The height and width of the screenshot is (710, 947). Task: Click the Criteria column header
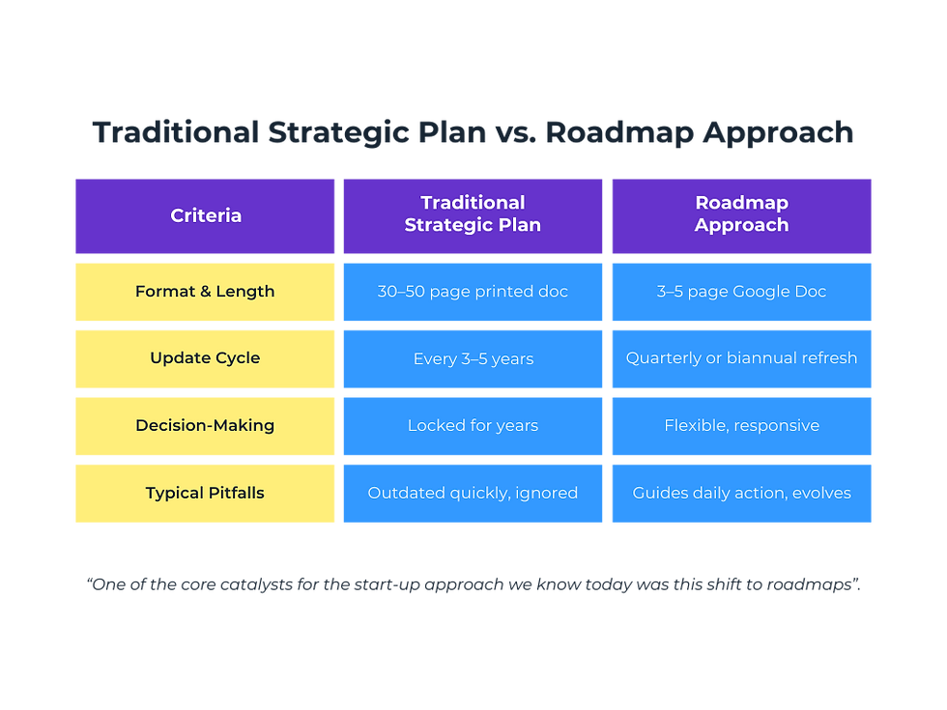coord(205,215)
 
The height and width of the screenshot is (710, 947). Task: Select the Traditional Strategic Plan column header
coord(473,214)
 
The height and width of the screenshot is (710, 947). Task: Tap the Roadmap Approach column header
coord(741,214)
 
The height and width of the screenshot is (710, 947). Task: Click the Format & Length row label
coord(205,291)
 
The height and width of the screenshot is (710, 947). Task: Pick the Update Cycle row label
coord(205,357)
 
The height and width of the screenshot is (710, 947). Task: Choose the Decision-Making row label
coord(205,425)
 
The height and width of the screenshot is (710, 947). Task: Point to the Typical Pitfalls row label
coord(205,493)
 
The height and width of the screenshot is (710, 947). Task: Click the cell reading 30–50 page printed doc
coord(473,291)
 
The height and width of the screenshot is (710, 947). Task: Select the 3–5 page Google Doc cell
coord(741,291)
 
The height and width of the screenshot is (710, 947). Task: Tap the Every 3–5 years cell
coord(473,358)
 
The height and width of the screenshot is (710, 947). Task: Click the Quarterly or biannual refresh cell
coord(741,358)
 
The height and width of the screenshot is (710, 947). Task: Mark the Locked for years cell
coord(473,425)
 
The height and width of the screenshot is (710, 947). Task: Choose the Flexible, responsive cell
coord(741,425)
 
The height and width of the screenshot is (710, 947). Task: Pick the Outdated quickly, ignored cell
coord(473,493)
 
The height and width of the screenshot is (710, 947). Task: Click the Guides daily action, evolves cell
coord(741,493)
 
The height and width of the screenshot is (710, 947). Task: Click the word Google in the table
coord(763,292)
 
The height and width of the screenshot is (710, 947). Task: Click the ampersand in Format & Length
coord(205,291)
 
